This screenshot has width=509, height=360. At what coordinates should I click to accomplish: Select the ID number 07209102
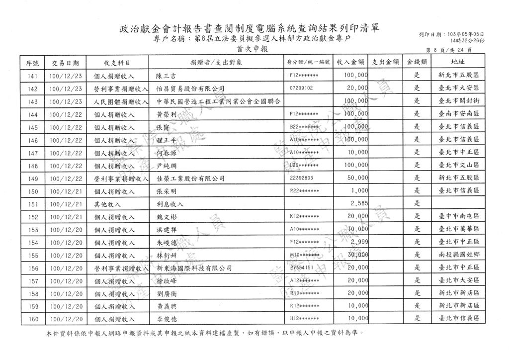click(x=301, y=89)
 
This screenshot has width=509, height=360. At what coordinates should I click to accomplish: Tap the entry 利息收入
click(x=170, y=204)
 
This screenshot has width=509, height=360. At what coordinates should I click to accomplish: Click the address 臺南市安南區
click(x=458, y=114)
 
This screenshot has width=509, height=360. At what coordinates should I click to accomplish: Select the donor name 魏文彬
click(x=166, y=217)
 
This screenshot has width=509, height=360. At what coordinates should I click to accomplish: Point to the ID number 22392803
click(x=301, y=178)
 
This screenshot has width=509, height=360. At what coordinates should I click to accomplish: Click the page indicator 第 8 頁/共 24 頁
click(x=449, y=51)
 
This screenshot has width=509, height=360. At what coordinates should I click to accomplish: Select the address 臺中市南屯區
click(x=458, y=217)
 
